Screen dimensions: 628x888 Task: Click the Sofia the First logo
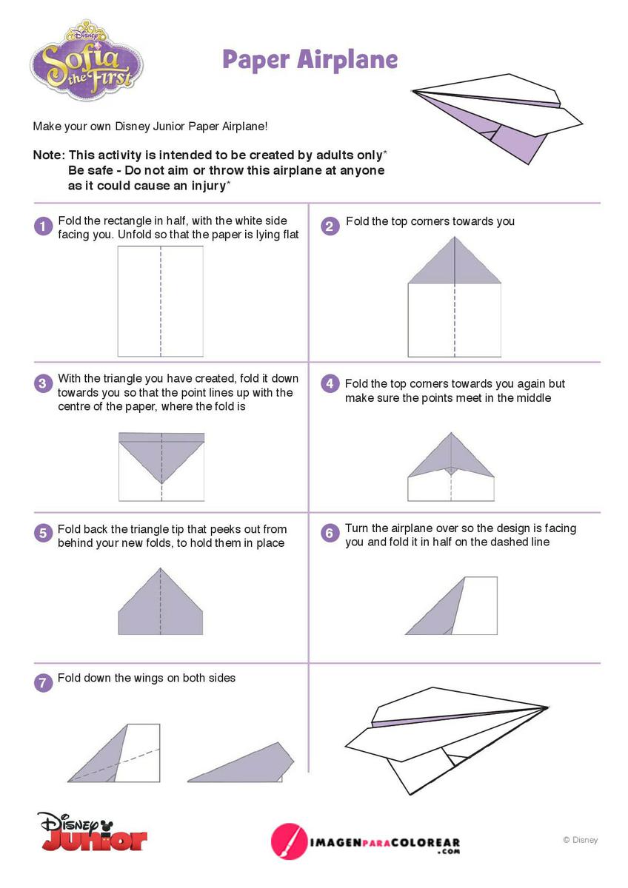point(87,59)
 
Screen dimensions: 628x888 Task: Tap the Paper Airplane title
point(310,60)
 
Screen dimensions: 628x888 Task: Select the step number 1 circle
point(43,226)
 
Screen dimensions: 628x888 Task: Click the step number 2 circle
point(330,226)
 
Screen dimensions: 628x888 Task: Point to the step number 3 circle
point(43,384)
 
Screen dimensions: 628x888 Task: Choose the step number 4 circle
point(330,384)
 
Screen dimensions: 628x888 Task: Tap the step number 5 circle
point(43,534)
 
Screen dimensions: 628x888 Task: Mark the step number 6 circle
point(330,534)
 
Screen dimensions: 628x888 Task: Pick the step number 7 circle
point(43,683)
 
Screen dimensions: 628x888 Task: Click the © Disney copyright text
point(580,840)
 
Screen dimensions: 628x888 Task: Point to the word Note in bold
point(47,155)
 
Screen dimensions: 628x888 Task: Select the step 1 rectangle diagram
point(161,301)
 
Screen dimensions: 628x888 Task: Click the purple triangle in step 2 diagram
point(454,260)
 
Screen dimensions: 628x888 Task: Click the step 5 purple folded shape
point(161,602)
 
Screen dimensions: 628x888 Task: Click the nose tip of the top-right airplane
point(413,92)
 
